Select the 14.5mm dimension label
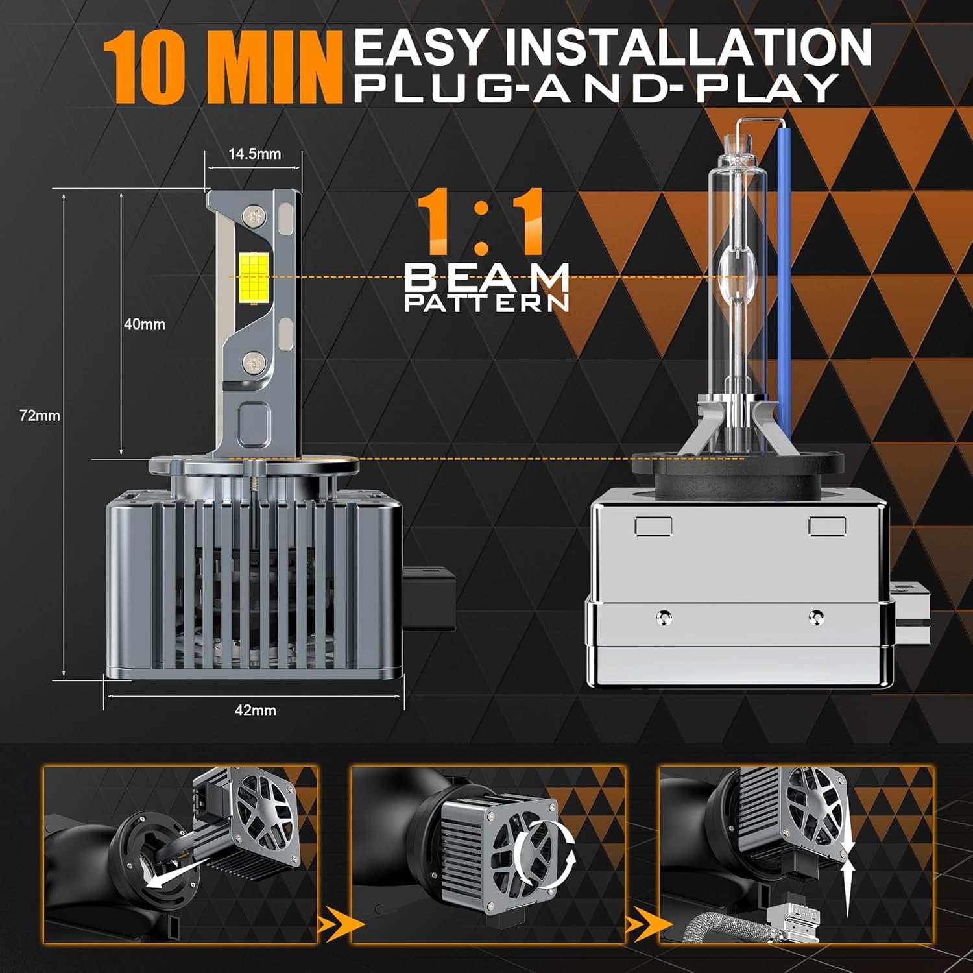(x=254, y=154)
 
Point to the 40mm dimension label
(x=144, y=324)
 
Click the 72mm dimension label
(x=40, y=416)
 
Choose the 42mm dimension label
(x=255, y=710)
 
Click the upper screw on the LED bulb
(x=253, y=215)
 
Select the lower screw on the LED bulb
(x=254, y=362)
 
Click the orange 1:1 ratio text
(x=481, y=221)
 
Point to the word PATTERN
(x=486, y=303)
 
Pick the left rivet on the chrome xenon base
(x=663, y=617)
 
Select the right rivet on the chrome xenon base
(x=817, y=617)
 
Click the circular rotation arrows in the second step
(x=545, y=853)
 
